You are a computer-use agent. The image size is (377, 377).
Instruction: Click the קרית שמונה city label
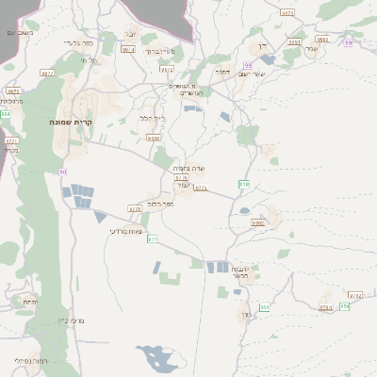point(73,123)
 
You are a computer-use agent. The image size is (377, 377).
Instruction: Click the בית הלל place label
point(151,118)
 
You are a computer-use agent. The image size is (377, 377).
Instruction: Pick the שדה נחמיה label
point(189,169)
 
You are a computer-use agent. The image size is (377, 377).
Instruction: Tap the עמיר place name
point(186,186)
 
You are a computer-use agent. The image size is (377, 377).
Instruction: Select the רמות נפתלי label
point(28,362)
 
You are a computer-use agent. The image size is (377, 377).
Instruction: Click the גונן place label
point(246,315)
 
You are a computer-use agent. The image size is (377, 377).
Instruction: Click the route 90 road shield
point(63,172)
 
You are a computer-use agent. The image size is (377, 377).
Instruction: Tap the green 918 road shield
point(244,184)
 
